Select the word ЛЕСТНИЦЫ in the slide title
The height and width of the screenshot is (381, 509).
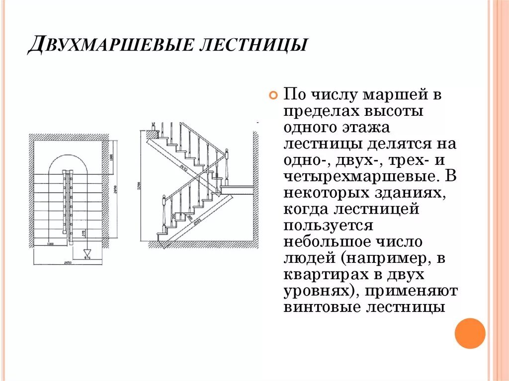pos(252,45)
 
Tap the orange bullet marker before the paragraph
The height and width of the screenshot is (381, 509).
pos(272,96)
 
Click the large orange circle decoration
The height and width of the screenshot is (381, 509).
pos(470,333)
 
